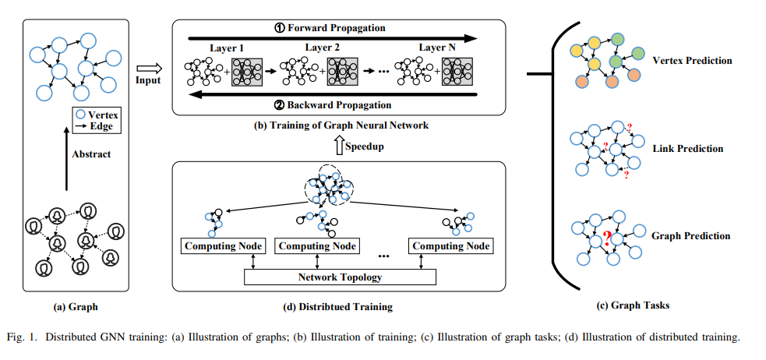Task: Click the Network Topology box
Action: [340, 277]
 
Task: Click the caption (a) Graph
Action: [76, 306]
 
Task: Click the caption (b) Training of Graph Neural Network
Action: [341, 125]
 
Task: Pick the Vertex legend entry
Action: [97, 115]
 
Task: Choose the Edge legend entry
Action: [97, 125]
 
